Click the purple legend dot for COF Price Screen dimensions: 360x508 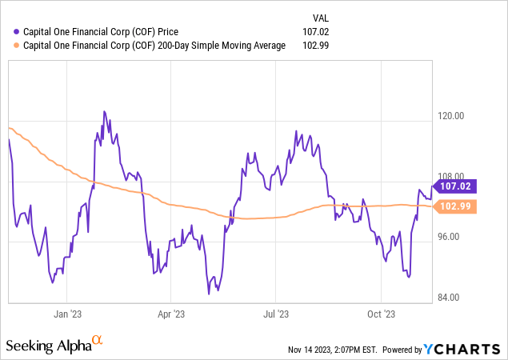[x=8, y=31]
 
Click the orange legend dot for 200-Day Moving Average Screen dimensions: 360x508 [x=8, y=46]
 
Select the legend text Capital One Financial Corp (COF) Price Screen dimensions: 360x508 [x=102, y=31]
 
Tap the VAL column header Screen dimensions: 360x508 [x=318, y=17]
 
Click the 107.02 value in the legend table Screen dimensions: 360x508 [x=319, y=31]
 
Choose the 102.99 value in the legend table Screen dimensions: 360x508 [x=319, y=46]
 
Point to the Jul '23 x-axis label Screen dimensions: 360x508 [x=277, y=314]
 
